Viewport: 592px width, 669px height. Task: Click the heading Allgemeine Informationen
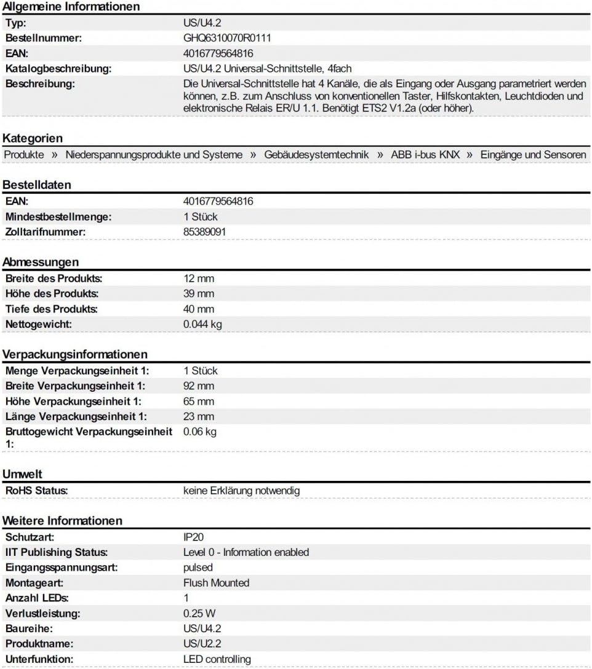71,7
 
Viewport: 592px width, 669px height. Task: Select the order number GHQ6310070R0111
227,38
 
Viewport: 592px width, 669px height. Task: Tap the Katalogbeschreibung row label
58,69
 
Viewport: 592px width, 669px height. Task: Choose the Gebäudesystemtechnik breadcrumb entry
316,155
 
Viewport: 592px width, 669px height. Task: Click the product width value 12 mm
199,279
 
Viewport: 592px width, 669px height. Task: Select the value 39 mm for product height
199,294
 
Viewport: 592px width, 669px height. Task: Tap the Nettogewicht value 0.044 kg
202,324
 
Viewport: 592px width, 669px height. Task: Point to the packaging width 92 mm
199,386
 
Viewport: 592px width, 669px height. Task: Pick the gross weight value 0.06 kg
200,432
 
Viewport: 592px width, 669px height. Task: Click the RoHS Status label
36,491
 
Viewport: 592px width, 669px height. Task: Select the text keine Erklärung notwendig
241,491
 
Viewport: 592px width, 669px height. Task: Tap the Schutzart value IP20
194,537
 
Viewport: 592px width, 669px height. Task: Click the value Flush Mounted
216,583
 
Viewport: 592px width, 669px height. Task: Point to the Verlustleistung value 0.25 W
200,614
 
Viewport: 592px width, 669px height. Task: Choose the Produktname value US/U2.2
202,644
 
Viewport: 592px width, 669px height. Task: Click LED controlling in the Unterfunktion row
217,659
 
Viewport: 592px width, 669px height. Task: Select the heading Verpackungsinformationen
75,355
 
